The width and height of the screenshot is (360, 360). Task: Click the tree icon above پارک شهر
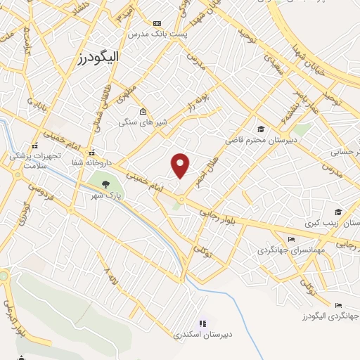pos(105,184)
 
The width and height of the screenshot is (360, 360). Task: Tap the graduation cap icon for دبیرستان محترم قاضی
pos(261,129)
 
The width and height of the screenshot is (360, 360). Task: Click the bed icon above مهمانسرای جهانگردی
pos(271,240)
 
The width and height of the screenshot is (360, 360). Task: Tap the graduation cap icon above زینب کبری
pos(337,212)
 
